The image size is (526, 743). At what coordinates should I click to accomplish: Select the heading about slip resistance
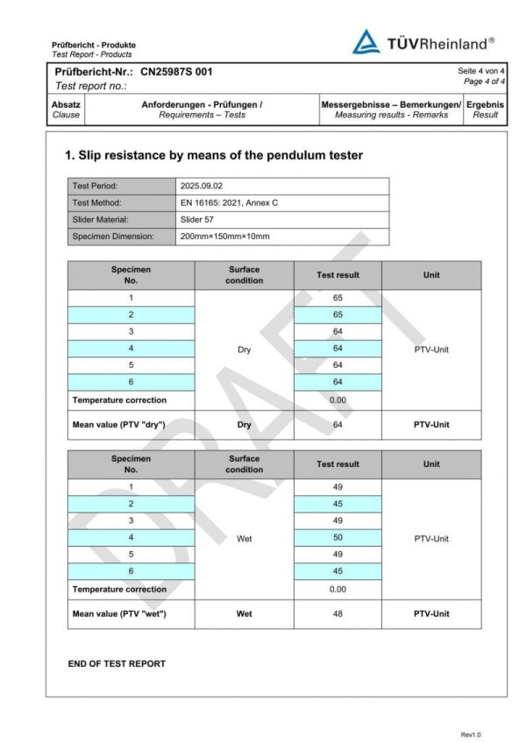[214, 155]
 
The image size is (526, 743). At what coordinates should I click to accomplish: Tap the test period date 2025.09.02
[204, 186]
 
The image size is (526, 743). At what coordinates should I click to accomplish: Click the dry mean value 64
[338, 424]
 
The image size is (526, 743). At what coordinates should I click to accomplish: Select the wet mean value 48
[338, 613]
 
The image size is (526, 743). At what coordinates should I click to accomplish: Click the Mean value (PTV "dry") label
[119, 424]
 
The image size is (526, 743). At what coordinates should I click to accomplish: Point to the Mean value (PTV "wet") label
[119, 613]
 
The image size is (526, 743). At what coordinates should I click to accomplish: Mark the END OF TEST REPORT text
[117, 663]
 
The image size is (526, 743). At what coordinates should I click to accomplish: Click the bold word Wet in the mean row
[244, 613]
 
